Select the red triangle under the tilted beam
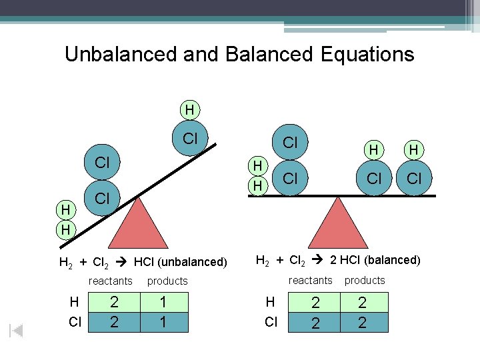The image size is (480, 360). click(138, 223)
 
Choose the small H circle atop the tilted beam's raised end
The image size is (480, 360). click(190, 109)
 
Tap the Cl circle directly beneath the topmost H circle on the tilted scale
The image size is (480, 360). click(191, 139)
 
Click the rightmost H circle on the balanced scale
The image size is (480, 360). click(414, 151)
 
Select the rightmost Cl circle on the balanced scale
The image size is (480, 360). click(414, 179)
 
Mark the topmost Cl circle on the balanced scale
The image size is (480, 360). click(290, 143)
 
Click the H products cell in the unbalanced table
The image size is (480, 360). click(163, 303)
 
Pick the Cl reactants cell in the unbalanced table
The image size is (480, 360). click(114, 322)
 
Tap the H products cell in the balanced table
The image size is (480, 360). click(363, 303)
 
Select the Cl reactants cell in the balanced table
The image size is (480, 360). click(315, 322)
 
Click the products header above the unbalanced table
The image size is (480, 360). click(167, 281)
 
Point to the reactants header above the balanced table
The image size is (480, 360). click(310, 280)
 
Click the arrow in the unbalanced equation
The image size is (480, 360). click(125, 261)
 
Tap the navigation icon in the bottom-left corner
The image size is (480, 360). click(17, 331)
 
